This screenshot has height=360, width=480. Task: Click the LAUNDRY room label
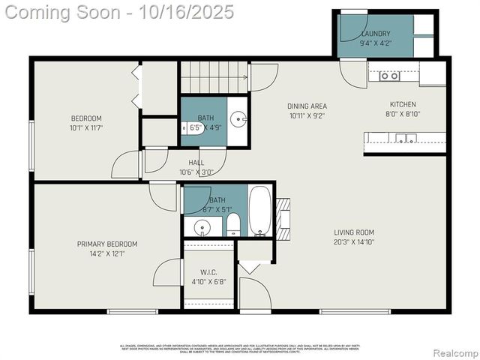(x=376, y=34)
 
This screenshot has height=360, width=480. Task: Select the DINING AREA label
(x=307, y=106)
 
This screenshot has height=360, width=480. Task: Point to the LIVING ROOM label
(x=354, y=232)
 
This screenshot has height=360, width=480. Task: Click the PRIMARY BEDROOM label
(x=107, y=244)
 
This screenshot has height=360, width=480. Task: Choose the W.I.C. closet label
(x=208, y=271)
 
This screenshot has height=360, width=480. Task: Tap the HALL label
(x=196, y=162)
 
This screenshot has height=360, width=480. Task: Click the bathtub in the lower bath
(x=260, y=211)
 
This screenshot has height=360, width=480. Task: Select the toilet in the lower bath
(x=233, y=224)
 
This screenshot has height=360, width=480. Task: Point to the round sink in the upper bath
(x=238, y=118)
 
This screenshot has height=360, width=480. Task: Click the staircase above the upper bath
(x=214, y=76)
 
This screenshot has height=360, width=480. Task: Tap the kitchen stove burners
(x=388, y=76)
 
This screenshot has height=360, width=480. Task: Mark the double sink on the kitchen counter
(x=406, y=138)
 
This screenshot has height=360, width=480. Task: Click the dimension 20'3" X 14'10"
(x=354, y=242)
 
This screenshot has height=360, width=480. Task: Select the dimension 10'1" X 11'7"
(x=86, y=128)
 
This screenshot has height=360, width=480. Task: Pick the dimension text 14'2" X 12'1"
(x=107, y=253)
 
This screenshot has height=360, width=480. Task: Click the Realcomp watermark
(x=456, y=352)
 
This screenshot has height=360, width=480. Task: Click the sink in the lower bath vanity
(x=202, y=226)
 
